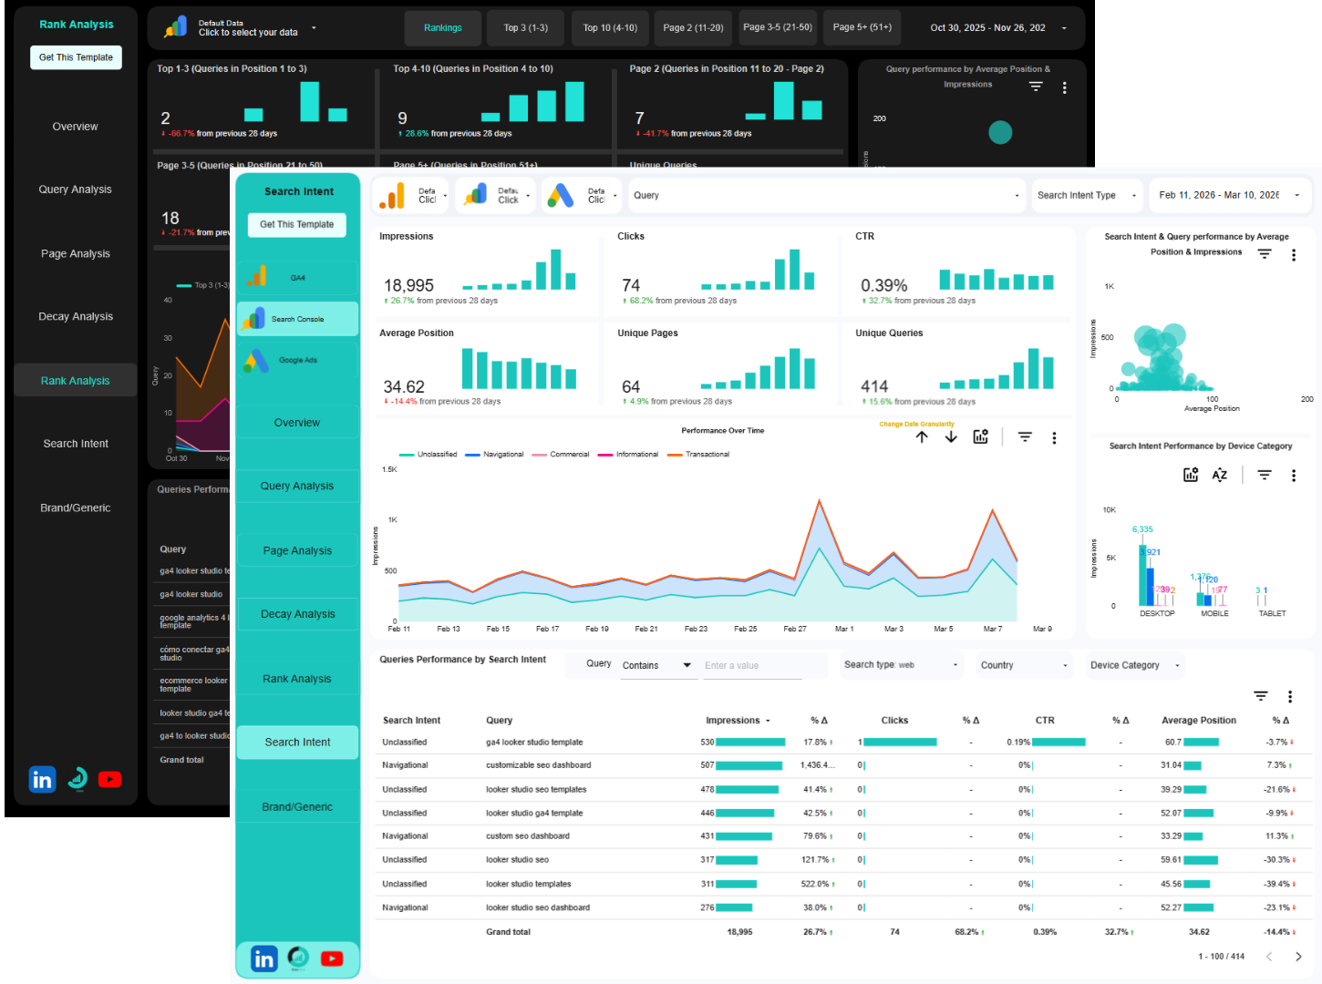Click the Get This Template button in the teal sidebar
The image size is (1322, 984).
point(296,224)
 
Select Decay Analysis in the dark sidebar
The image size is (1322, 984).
point(76,316)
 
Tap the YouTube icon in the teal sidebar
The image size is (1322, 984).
point(332,958)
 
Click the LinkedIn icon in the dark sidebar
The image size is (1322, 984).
point(42,780)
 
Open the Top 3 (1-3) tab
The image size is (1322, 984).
point(525,28)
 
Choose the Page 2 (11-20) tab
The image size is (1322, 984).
point(693,28)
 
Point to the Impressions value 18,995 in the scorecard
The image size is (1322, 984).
point(408,285)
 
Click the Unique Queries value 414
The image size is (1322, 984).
point(873,386)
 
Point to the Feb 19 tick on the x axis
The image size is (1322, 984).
point(597,629)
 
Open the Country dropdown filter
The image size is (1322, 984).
point(1023,665)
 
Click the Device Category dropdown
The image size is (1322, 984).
point(1133,665)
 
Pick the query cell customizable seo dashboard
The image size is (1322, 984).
point(538,765)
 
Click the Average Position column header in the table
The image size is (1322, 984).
point(1198,721)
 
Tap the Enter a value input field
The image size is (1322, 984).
point(752,666)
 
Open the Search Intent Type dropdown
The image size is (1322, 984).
point(1086,195)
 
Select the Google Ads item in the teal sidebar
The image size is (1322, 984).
point(297,361)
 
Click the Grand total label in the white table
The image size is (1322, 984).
point(508,932)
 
